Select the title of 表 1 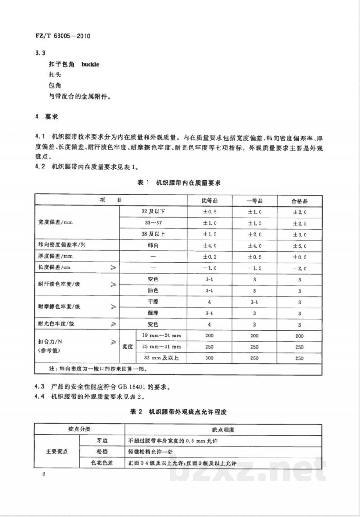pyautogui.click(x=179, y=182)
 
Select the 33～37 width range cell pyautogui.click(x=153, y=223)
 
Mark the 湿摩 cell pyautogui.click(x=153, y=313)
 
